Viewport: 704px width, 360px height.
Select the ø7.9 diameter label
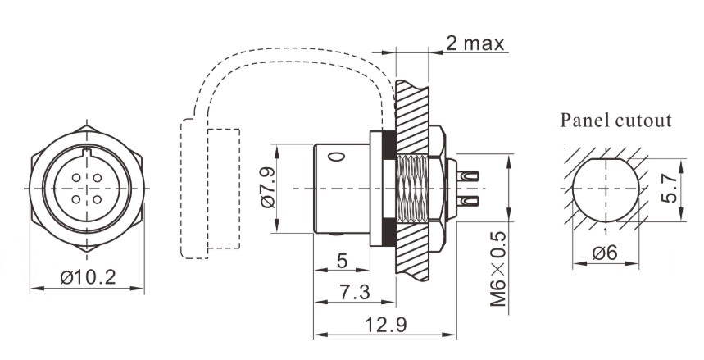268,189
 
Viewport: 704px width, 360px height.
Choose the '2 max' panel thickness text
475,43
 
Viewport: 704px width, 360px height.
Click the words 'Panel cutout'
615,121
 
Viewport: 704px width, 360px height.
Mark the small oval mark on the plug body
337,155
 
